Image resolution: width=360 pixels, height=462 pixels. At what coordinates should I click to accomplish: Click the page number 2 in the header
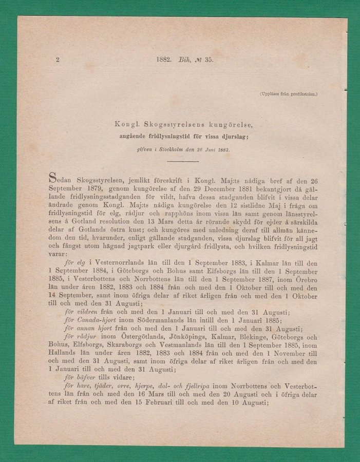(x=58, y=60)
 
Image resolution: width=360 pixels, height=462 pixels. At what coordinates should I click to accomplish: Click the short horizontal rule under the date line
(x=182, y=161)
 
